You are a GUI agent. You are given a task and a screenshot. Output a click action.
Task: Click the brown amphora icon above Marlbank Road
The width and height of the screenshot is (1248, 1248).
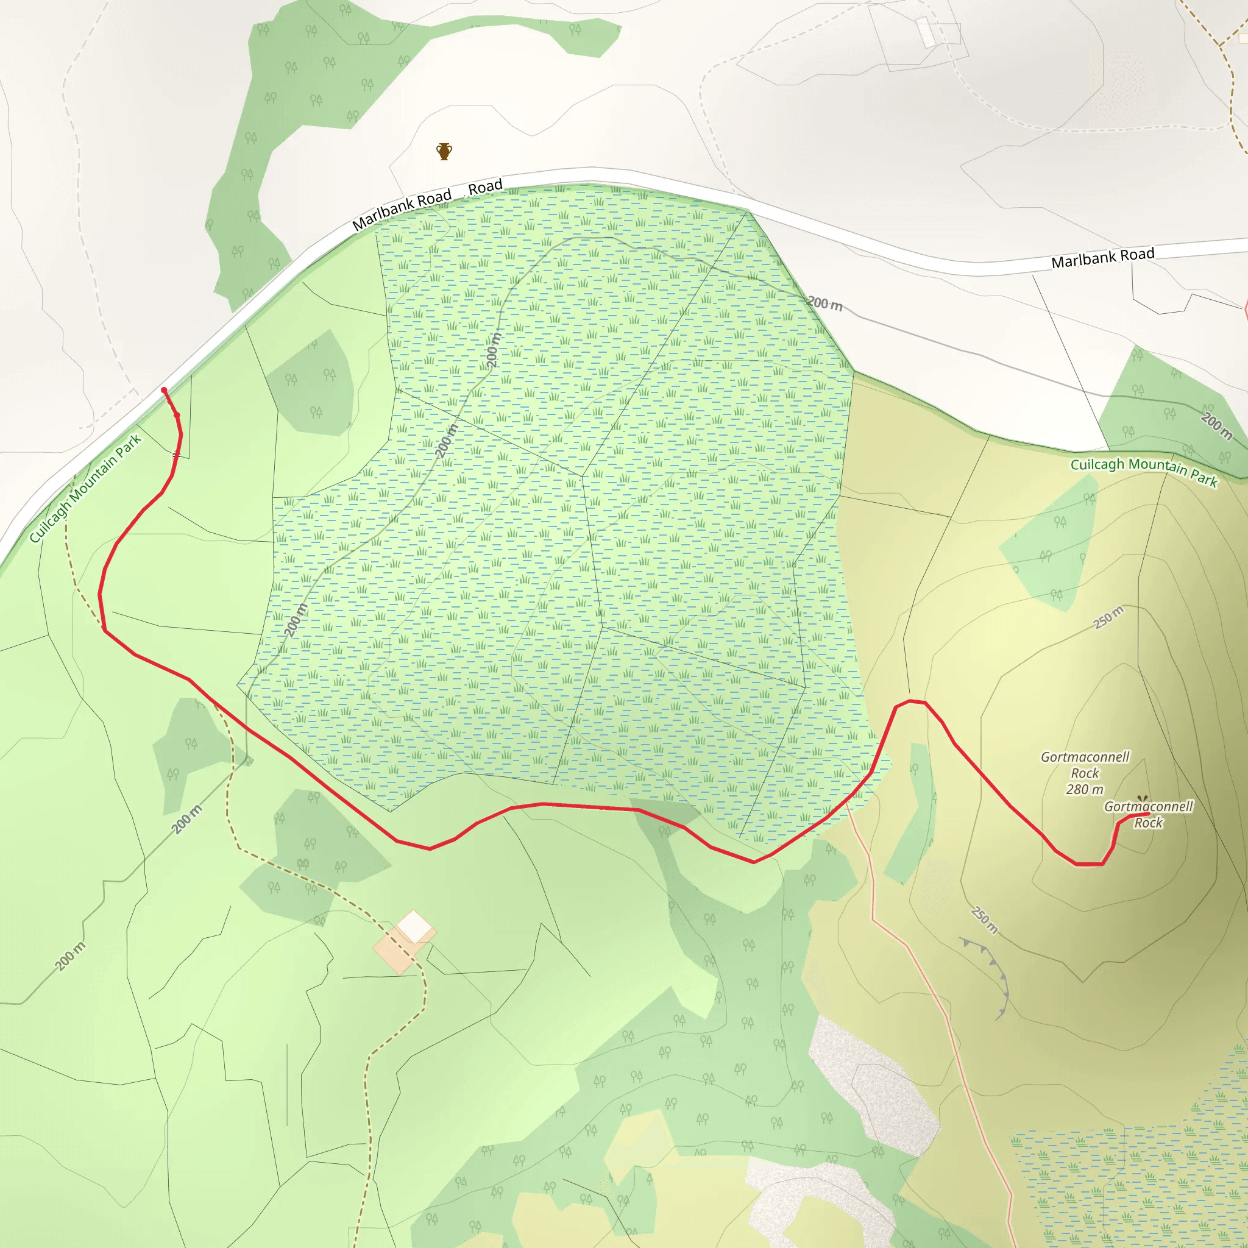444,152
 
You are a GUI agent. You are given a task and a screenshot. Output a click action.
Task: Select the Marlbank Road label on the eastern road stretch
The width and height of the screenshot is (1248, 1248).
1102,258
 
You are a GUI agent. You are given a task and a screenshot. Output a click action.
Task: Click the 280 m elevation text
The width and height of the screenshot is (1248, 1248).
1085,789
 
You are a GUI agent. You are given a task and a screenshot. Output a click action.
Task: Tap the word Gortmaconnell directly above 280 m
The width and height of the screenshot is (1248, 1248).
1085,757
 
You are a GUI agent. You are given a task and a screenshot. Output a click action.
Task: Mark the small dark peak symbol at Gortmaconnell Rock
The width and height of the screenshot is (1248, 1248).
1142,799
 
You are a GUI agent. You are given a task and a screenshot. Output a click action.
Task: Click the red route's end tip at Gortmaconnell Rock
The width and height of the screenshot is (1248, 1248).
1148,814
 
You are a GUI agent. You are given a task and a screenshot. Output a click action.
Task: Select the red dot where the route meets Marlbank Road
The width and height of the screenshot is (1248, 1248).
164,390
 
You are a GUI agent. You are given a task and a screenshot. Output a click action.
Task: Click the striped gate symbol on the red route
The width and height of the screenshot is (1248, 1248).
176,455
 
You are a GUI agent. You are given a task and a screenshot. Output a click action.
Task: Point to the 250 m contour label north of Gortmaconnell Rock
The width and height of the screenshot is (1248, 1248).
1108,617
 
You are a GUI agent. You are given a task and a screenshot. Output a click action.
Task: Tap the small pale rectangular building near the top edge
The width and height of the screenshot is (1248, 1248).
926,32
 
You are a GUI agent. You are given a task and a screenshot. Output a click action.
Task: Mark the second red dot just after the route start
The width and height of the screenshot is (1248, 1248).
176,415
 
